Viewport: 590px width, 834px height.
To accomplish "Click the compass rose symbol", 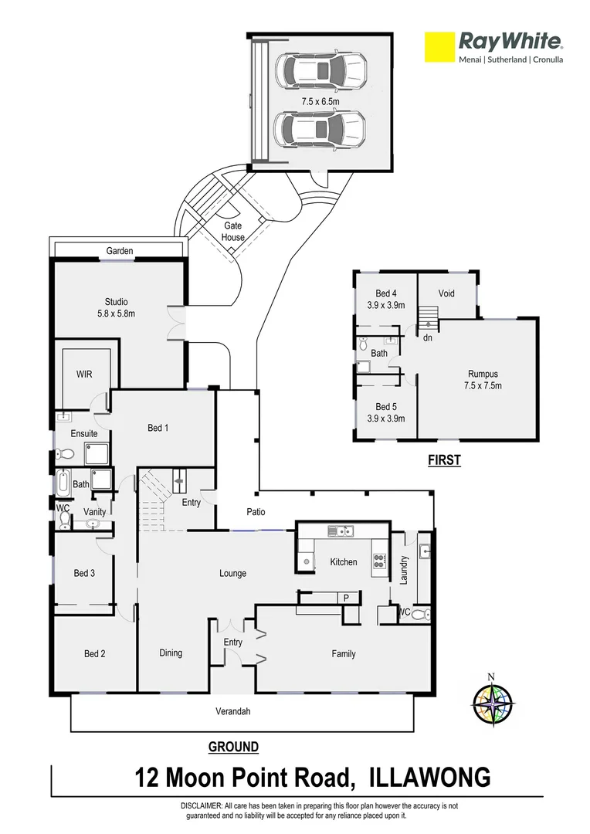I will [x=493, y=703].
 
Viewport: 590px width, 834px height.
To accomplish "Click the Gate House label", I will [x=232, y=232].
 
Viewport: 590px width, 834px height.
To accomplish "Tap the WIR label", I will [x=84, y=373].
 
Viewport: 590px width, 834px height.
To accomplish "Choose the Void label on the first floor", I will [x=446, y=293].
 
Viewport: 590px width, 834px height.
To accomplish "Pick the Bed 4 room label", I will [x=385, y=299].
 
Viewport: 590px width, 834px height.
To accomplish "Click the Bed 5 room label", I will [x=385, y=412].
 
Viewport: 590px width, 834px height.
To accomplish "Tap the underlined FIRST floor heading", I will [x=444, y=460].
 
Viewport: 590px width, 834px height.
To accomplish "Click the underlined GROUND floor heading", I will [x=233, y=747].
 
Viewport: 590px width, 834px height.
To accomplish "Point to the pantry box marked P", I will [x=346, y=597].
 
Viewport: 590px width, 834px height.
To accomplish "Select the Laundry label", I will [x=403, y=569].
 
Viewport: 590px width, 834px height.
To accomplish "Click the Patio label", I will [x=256, y=511].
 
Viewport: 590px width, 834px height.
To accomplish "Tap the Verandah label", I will [x=233, y=711].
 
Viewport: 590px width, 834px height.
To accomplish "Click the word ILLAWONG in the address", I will [x=430, y=777].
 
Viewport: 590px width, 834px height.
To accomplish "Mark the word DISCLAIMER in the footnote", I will [x=202, y=805].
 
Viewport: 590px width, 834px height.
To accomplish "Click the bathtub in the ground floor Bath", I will [x=63, y=483].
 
